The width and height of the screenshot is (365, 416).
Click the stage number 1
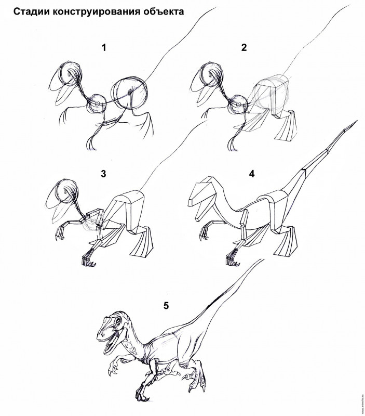pos(104,48)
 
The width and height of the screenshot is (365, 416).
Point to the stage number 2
pos(244,48)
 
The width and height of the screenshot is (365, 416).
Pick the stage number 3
pos(103,174)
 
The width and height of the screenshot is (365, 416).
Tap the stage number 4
pos(252,174)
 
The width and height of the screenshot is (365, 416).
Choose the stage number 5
pos(166,306)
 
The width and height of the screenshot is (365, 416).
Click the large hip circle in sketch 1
pos(129,94)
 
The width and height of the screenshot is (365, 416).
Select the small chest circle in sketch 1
pos(97,103)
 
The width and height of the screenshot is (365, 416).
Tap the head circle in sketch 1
pos(71,74)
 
